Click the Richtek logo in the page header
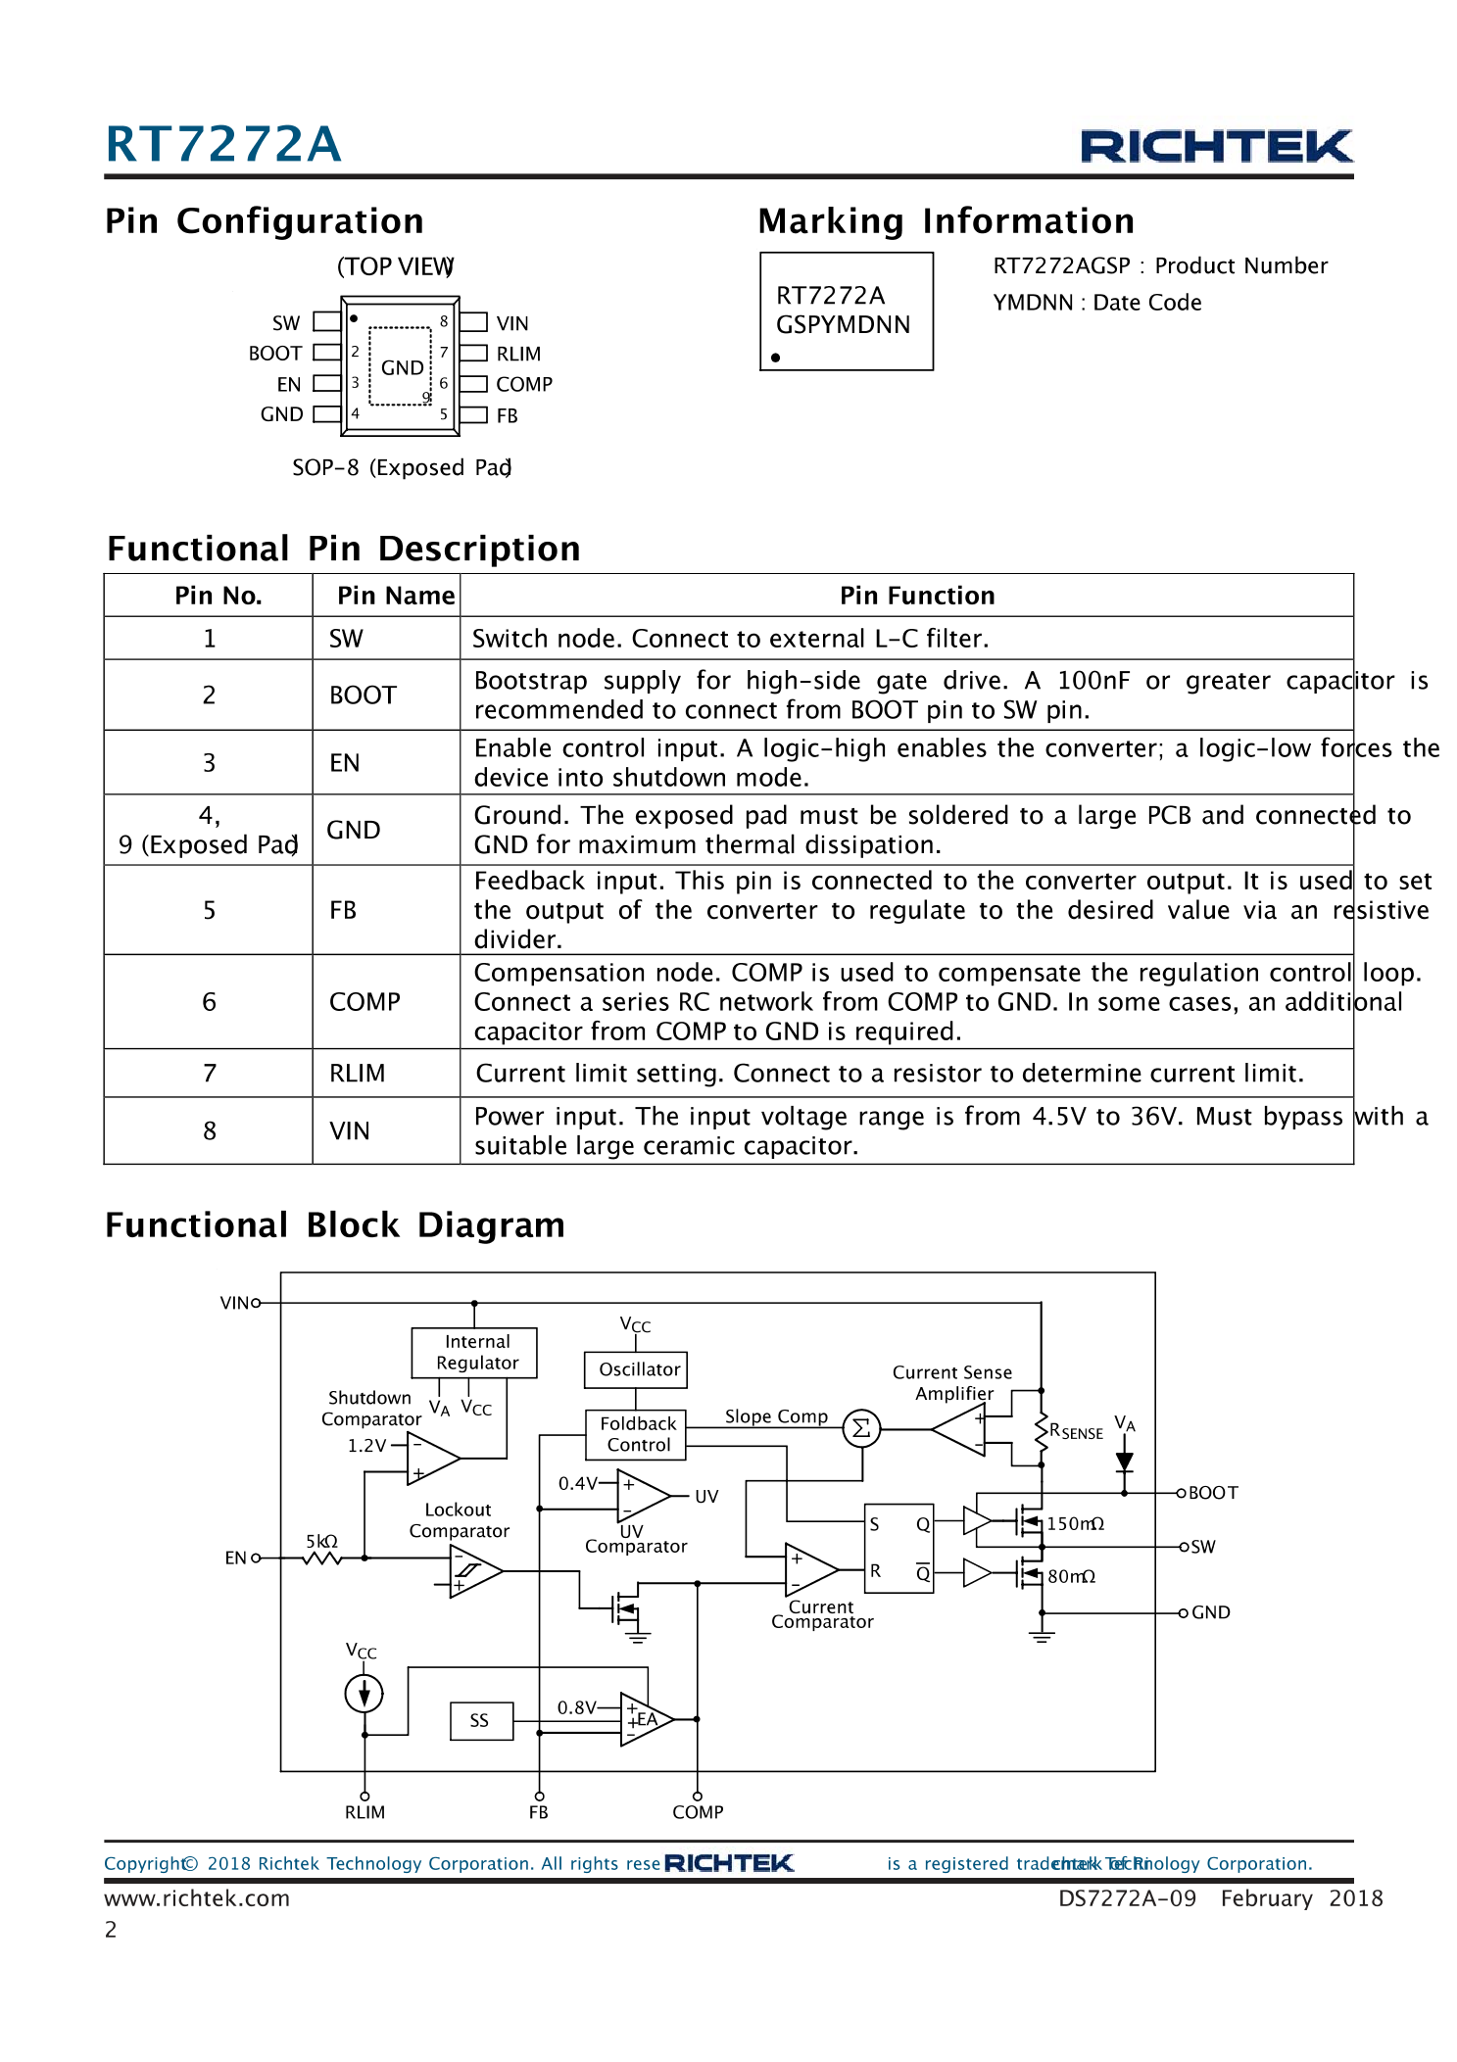1215,146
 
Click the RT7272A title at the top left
223,145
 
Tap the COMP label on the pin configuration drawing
523,384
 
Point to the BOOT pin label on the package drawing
275,354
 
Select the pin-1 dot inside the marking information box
775,358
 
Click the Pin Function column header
916,596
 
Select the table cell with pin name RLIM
358,1074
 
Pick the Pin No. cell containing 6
209,1002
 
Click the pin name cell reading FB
343,910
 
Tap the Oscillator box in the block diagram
639,1369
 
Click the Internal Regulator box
476,1353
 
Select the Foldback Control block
638,1434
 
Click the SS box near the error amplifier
479,1721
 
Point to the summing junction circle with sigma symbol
861,1429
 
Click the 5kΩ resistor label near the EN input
321,1541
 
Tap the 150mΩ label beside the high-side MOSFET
1075,1524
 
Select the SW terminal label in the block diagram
1202,1547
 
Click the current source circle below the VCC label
364,1693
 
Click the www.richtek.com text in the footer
197,1898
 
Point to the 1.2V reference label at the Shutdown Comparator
366,1446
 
